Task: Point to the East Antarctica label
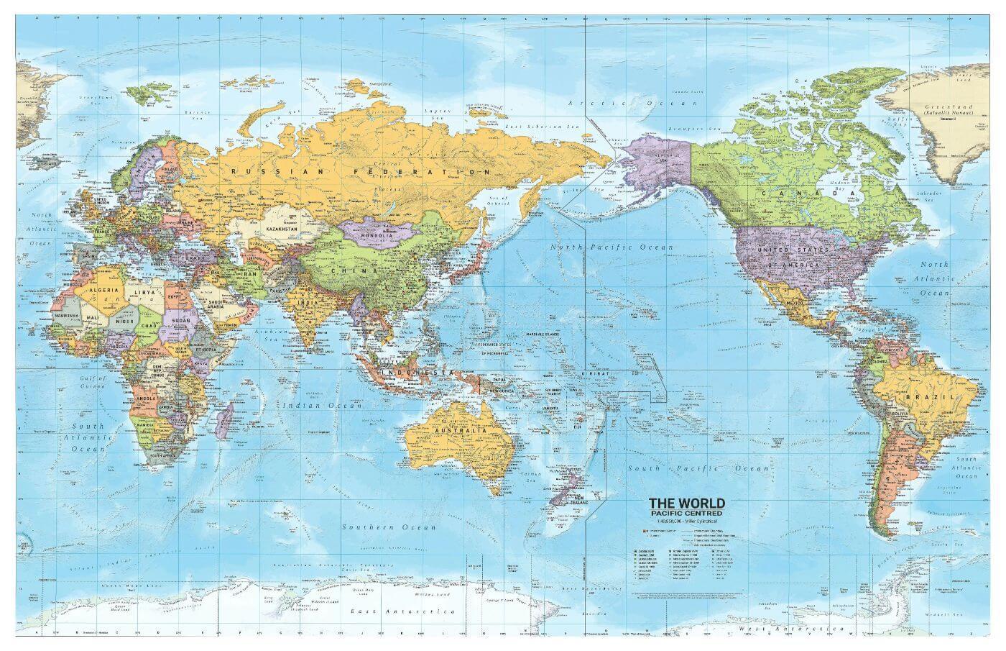pos(402,611)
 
